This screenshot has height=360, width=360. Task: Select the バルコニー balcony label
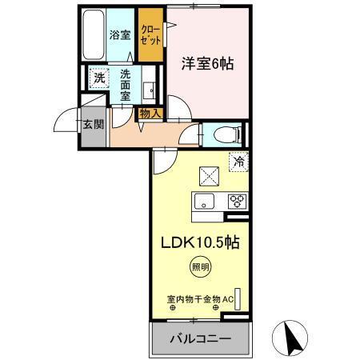click(x=200, y=338)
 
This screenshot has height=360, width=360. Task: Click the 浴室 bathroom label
click(x=119, y=34)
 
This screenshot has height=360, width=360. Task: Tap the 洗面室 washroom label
click(x=126, y=83)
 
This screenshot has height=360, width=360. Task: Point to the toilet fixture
click(x=223, y=133)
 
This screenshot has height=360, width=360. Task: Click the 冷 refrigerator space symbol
click(x=238, y=162)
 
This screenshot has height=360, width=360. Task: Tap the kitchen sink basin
click(x=202, y=202)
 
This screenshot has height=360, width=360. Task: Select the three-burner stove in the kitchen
click(x=238, y=202)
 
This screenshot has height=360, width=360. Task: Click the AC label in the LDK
click(x=228, y=300)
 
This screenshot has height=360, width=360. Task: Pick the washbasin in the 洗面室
click(x=149, y=87)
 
